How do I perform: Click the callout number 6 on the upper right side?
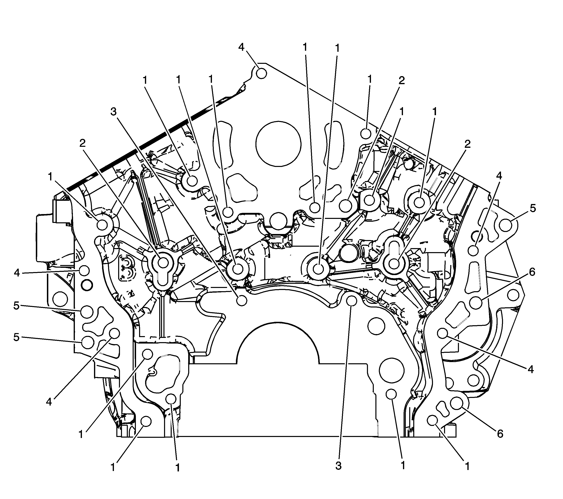pyautogui.click(x=532, y=272)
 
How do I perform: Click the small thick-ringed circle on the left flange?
pyautogui.click(x=87, y=285)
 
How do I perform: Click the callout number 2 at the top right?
pyautogui.click(x=402, y=81)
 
